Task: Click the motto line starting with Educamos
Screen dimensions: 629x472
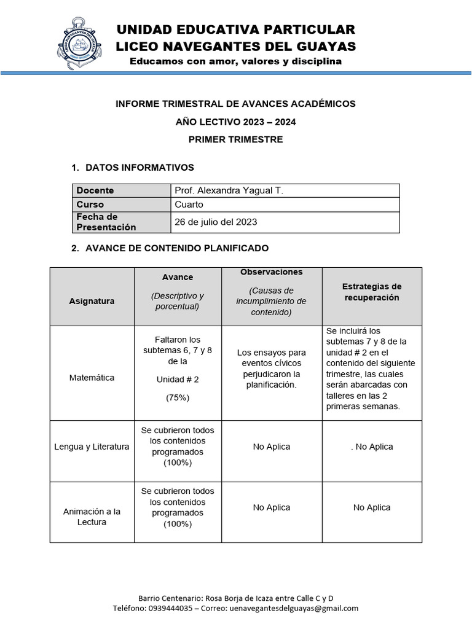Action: click(x=235, y=61)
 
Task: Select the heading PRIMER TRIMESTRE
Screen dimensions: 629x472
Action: click(x=235, y=139)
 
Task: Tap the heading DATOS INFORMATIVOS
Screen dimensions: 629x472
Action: click(x=140, y=167)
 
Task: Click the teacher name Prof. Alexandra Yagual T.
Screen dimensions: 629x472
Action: click(x=229, y=191)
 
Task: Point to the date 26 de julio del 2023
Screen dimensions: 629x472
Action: click(x=216, y=222)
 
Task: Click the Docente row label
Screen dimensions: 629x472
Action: click(x=95, y=191)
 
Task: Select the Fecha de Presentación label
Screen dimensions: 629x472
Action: click(x=106, y=222)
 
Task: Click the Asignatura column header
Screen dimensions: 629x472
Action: click(x=92, y=301)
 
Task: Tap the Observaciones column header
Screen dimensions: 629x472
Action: click(x=271, y=272)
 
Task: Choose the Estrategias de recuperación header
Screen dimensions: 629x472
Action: click(x=372, y=292)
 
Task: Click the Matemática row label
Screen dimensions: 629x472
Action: click(x=92, y=378)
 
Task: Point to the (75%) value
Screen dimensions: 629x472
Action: click(x=178, y=397)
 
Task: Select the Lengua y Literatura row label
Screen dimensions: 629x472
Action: click(x=92, y=447)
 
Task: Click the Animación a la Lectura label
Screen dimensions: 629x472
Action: click(x=92, y=517)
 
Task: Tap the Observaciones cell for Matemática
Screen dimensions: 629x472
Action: click(x=271, y=369)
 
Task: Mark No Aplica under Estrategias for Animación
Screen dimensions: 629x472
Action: click(x=372, y=507)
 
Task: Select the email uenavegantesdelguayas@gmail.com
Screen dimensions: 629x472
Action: click(x=293, y=608)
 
